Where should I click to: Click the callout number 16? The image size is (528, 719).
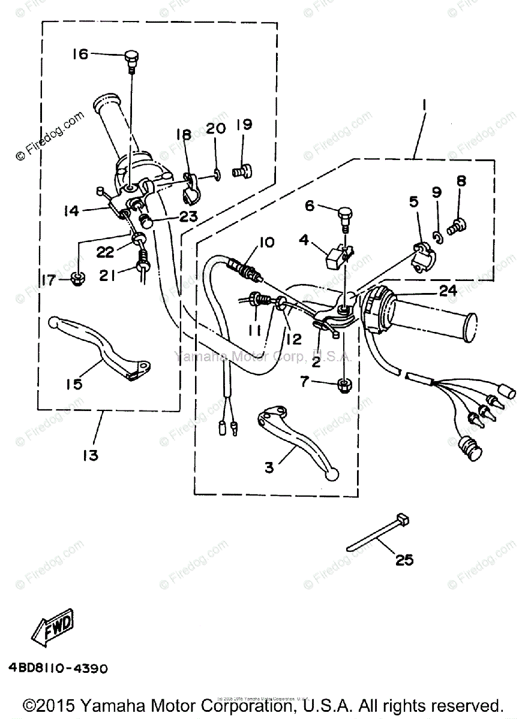point(80,55)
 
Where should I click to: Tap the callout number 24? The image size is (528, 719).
point(448,291)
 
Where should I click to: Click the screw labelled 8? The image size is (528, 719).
point(460,226)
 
